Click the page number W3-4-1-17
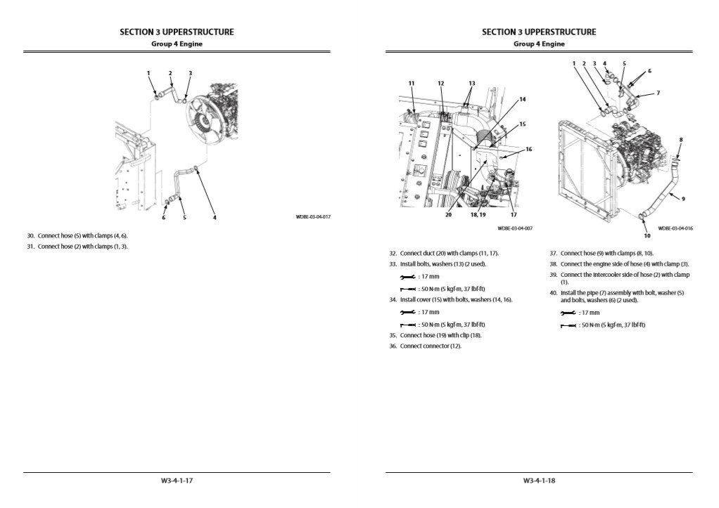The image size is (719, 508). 177,481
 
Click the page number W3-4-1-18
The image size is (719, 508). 539,481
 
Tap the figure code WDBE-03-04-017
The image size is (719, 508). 312,217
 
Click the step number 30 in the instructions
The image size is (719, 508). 30,236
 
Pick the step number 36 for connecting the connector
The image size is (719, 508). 393,346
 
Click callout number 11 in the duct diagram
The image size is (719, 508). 412,83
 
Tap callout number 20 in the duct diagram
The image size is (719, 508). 448,215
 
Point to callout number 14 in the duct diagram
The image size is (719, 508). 522,100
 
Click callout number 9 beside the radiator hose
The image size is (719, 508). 683,199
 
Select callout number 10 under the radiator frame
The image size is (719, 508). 647,226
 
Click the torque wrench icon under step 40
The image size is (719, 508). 568,325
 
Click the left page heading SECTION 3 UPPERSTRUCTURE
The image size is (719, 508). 177,32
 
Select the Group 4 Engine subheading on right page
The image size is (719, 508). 539,44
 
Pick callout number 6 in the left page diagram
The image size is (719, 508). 163,218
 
